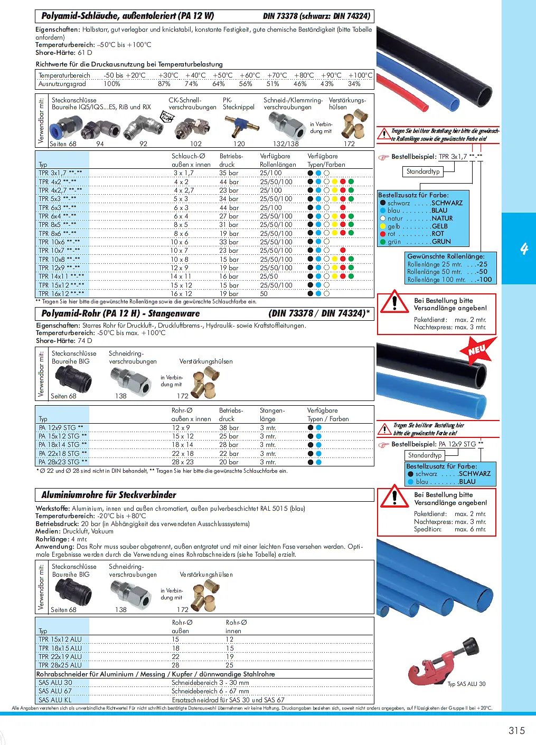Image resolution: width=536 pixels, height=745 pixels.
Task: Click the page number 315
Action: click(516, 730)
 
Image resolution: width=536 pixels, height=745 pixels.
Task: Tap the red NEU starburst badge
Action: click(478, 350)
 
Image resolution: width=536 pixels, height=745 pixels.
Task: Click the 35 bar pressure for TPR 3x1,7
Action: click(229, 173)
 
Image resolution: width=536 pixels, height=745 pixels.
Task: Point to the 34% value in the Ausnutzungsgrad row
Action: click(354, 84)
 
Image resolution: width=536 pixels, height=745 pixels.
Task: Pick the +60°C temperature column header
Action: click(249, 75)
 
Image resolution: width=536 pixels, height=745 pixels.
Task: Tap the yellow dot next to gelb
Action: click(383, 226)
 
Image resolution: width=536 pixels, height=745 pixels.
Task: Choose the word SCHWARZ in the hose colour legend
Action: click(447, 203)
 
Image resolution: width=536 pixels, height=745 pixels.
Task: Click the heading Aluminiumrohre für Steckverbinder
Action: click(109, 495)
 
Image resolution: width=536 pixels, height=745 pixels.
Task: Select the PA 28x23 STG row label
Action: click(63, 462)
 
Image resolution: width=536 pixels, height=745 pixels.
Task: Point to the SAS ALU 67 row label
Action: click(55, 691)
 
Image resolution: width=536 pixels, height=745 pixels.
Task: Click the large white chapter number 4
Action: click(524, 249)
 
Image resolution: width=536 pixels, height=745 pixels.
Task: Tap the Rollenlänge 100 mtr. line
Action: click(449, 280)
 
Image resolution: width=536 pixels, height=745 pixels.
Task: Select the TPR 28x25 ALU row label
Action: click(60, 665)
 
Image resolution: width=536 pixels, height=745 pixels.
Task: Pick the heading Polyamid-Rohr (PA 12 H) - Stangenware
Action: click(120, 313)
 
